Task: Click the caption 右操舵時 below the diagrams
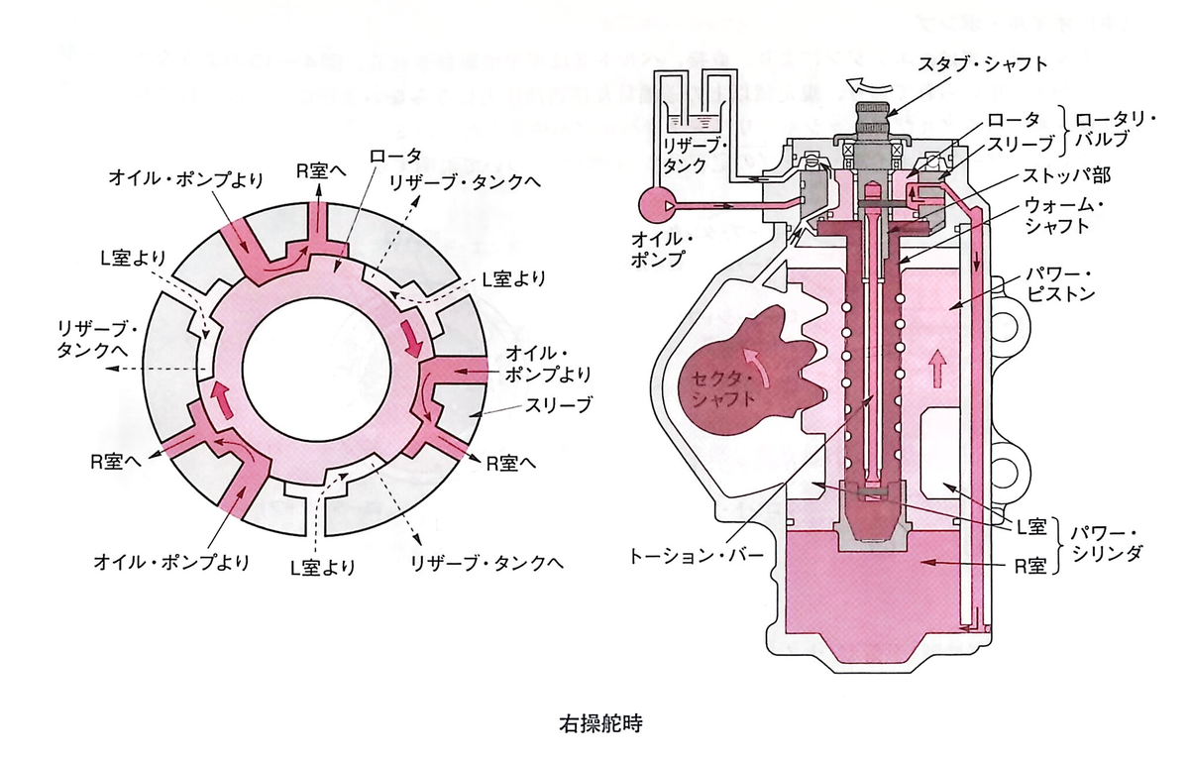[600, 724]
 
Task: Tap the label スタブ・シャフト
[983, 64]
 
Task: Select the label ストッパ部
[1066, 175]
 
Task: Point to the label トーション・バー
[697, 556]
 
